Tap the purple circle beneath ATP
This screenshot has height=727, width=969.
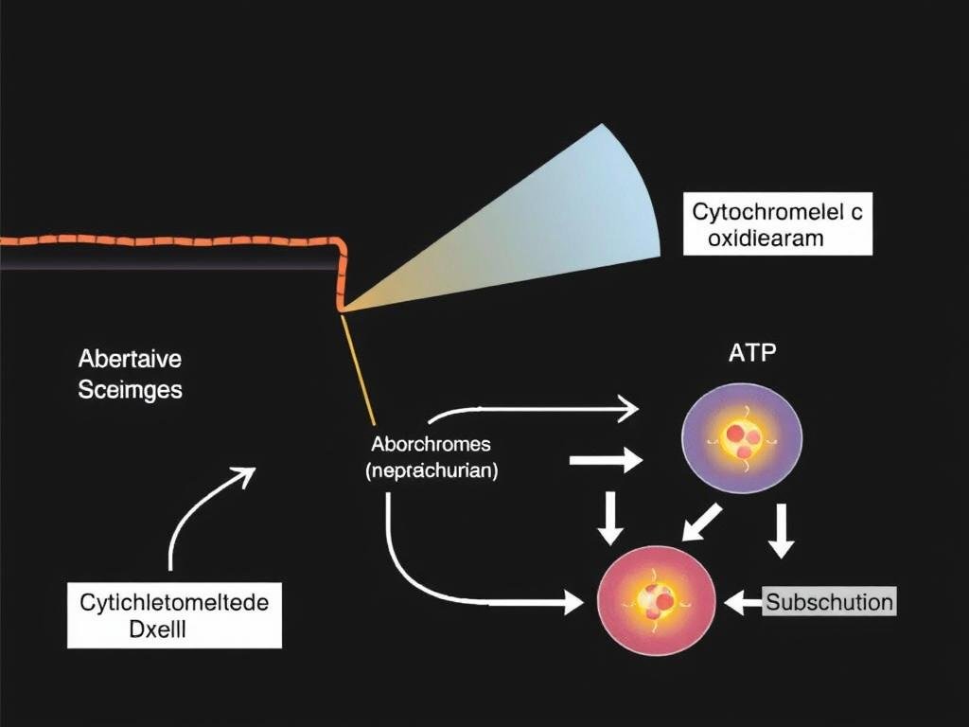point(742,435)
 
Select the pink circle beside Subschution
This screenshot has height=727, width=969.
point(657,600)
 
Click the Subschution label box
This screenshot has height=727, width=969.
point(829,602)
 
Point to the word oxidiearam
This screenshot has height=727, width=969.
point(765,239)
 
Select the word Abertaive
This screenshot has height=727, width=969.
point(129,360)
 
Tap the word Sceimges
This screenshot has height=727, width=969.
point(130,388)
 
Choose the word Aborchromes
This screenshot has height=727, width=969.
point(432,444)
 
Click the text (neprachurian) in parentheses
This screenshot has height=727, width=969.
point(432,470)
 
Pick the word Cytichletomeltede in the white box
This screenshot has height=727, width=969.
point(174,602)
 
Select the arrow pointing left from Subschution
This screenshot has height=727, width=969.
point(743,601)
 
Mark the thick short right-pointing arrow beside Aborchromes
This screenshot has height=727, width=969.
point(606,461)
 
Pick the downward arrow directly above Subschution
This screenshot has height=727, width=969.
point(781,530)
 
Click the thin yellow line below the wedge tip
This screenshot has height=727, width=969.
point(359,369)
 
